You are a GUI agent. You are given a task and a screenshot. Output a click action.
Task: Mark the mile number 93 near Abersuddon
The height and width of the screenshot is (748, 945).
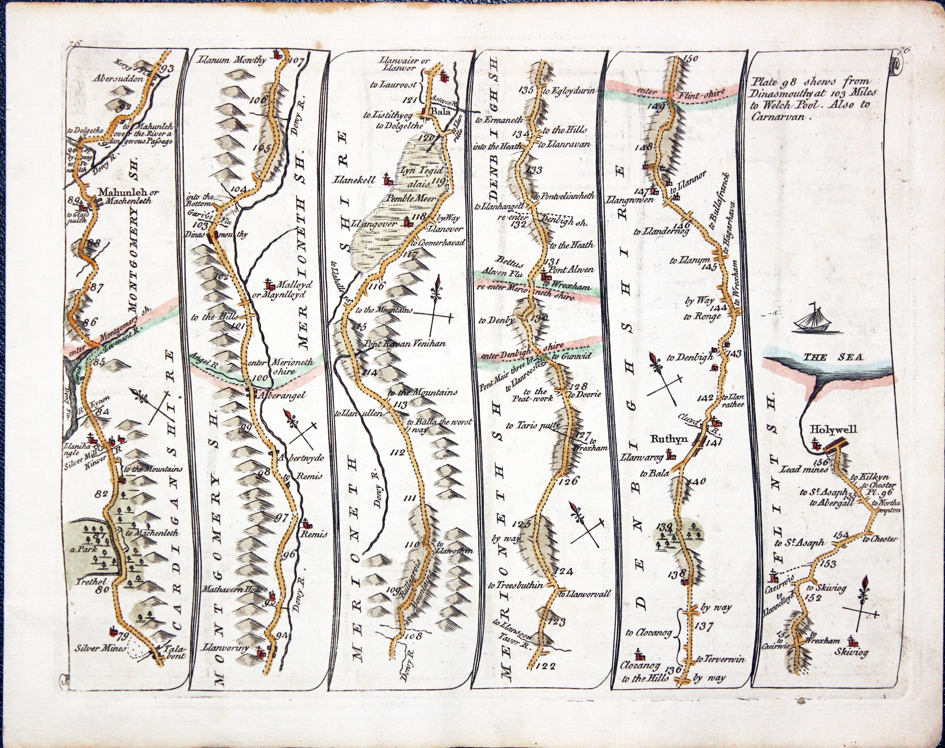[167, 69]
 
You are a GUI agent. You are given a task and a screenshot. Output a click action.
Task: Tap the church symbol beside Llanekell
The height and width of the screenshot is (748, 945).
[387, 179]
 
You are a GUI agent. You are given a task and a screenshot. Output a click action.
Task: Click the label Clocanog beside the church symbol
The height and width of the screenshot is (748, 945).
[640, 665]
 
